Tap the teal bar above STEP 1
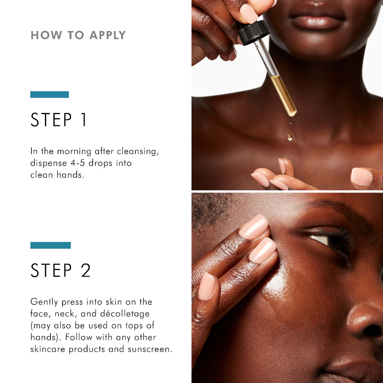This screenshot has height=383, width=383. point(49,95)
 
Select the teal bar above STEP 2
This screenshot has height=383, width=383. point(50,245)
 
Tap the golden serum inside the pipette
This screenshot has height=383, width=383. point(283,94)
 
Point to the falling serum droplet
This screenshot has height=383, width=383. point(289,137)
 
